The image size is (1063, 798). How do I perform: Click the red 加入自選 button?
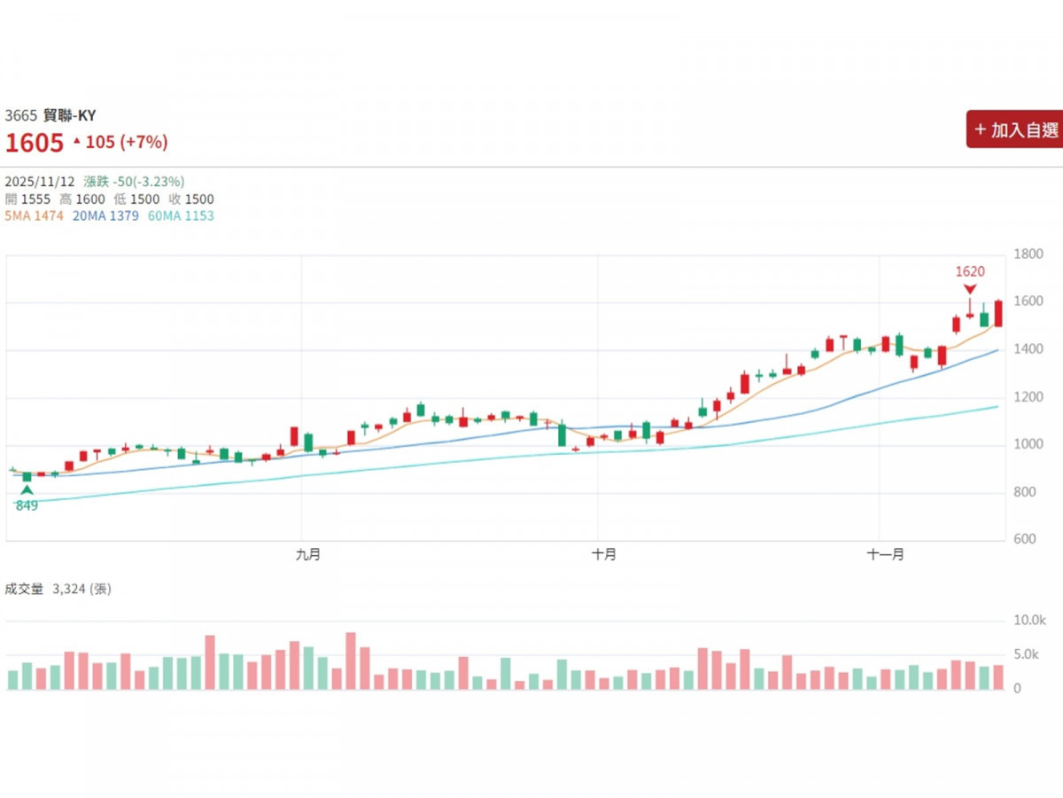1015,129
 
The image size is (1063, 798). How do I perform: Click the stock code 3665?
21,115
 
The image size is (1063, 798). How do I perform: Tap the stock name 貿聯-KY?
70,115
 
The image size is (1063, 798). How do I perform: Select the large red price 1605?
35,143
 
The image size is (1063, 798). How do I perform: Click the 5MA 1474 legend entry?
35,215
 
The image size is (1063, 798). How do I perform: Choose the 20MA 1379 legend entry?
105,215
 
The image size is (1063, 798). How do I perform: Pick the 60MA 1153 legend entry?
181,215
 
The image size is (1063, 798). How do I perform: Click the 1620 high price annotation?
970,272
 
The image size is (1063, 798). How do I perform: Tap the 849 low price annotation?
27,506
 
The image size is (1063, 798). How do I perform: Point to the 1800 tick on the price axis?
1028,254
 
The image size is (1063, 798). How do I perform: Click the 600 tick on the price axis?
1025,540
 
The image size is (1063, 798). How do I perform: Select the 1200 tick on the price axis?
1028,397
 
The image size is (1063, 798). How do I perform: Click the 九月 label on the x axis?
307,554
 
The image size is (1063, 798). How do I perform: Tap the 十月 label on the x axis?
604,554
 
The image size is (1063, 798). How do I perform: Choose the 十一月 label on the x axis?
886,554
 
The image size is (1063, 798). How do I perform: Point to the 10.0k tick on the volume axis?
1030,621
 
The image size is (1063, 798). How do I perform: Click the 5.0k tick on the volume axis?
1028,655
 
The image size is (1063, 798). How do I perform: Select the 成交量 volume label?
24,588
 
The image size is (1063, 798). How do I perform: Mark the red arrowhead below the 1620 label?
970,289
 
